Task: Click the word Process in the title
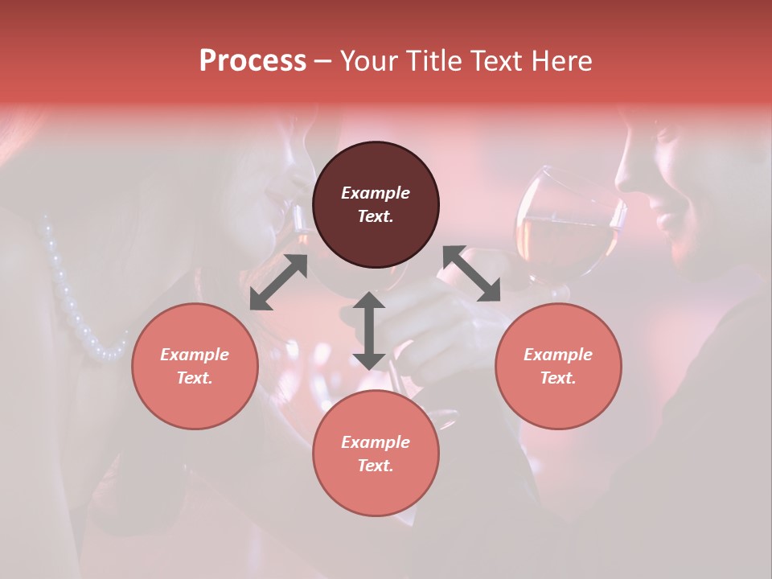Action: coord(253,61)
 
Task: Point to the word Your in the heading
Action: coord(371,61)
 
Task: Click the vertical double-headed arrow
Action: coord(369,331)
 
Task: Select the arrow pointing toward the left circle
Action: coord(278,282)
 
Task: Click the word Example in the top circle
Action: coord(376,193)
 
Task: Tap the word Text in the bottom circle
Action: coord(376,466)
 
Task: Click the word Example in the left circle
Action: coord(195,355)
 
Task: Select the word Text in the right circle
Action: coord(558,378)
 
